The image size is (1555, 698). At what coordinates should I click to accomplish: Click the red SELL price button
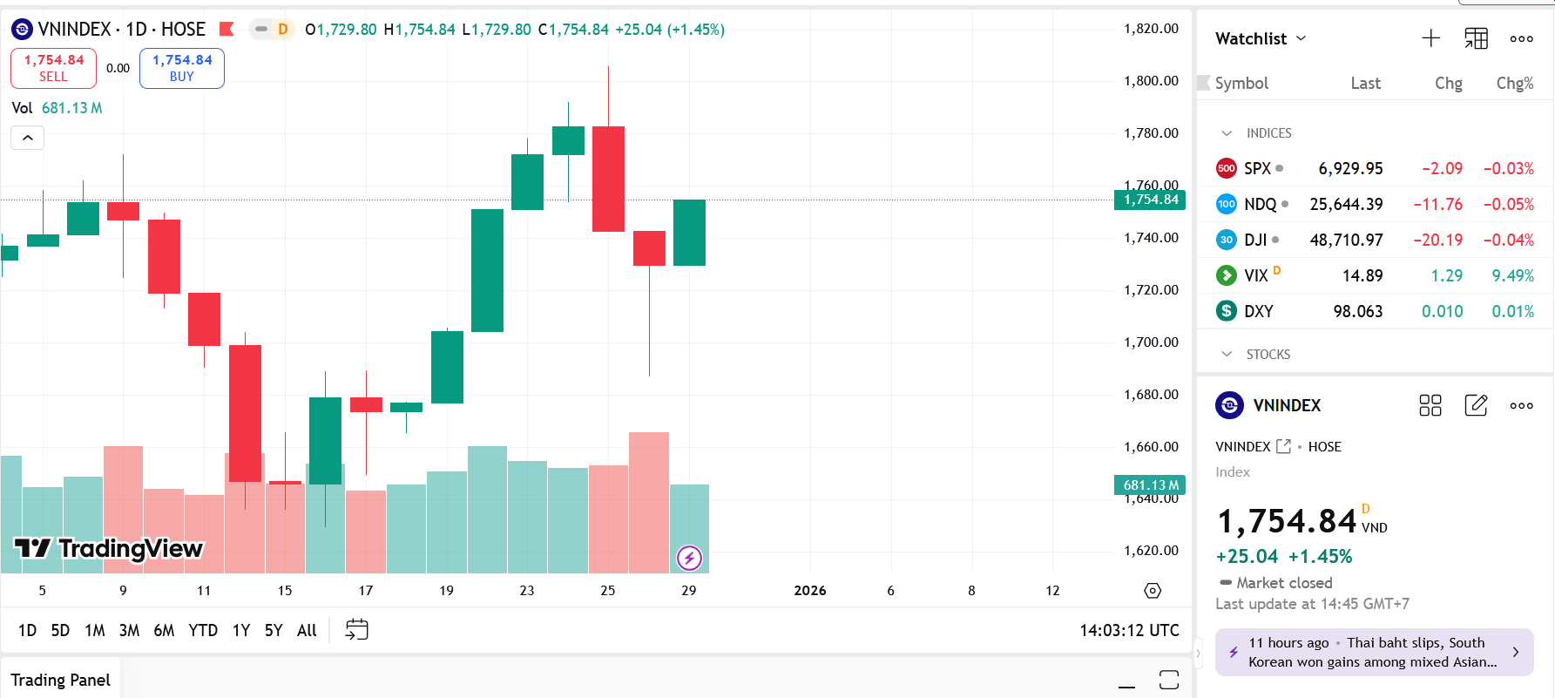pyautogui.click(x=53, y=68)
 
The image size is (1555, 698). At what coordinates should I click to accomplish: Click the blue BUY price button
pyautogui.click(x=182, y=68)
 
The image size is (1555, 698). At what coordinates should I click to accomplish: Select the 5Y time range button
pyautogui.click(x=274, y=630)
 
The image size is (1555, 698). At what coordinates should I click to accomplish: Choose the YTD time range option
pyautogui.click(x=203, y=630)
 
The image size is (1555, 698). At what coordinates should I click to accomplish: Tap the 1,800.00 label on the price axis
pyautogui.click(x=1151, y=81)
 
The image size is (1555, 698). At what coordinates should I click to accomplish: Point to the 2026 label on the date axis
pyautogui.click(x=810, y=591)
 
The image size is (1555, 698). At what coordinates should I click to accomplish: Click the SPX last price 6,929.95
pyautogui.click(x=1350, y=168)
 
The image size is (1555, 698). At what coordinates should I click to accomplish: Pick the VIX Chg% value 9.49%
pyautogui.click(x=1512, y=275)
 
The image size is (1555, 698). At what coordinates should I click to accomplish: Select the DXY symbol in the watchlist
pyautogui.click(x=1258, y=311)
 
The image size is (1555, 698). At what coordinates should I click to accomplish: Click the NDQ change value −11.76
pyautogui.click(x=1437, y=204)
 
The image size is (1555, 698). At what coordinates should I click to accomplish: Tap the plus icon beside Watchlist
pyautogui.click(x=1430, y=38)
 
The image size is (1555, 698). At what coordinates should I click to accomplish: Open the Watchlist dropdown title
pyautogui.click(x=1261, y=38)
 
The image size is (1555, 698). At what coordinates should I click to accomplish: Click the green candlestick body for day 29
pyautogui.click(x=689, y=233)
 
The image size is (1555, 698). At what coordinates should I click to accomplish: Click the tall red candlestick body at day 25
pyautogui.click(x=608, y=179)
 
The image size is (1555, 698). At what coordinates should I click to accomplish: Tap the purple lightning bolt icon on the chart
pyautogui.click(x=689, y=558)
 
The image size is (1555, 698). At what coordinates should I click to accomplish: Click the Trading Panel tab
pyautogui.click(x=60, y=680)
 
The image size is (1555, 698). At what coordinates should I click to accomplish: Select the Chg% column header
pyautogui.click(x=1514, y=83)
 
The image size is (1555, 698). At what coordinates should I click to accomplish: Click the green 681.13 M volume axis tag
pyautogui.click(x=1150, y=485)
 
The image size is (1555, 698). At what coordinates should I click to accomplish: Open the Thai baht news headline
pyautogui.click(x=1373, y=652)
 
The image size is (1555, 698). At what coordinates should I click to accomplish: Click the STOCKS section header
pyautogui.click(x=1268, y=354)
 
